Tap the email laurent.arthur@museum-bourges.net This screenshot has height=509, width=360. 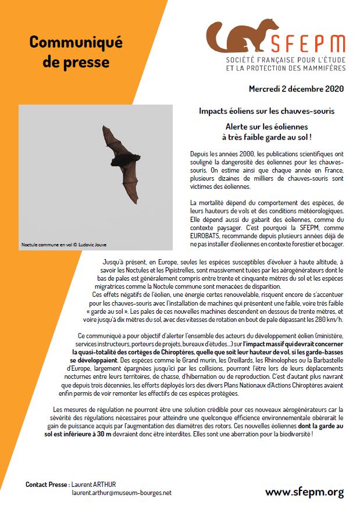click(x=122, y=493)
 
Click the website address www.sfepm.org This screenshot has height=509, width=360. click(x=304, y=492)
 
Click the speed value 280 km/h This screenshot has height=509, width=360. click(x=329, y=319)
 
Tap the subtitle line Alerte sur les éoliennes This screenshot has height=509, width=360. click(x=267, y=126)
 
